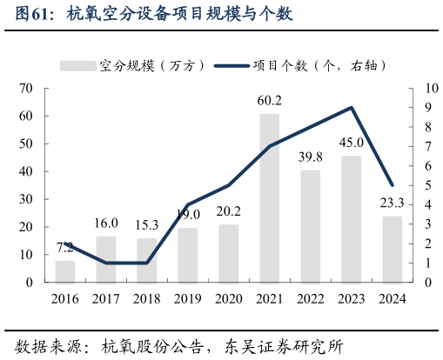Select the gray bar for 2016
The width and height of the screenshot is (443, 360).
[65, 271]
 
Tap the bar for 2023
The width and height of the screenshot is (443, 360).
[351, 219]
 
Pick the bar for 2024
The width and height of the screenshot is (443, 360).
[392, 250]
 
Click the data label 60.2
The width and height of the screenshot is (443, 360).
[269, 101]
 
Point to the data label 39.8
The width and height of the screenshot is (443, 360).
[310, 157]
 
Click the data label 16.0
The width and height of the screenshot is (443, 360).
[106, 223]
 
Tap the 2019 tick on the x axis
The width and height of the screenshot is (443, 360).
[187, 300]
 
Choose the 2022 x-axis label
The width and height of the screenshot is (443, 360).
[310, 300]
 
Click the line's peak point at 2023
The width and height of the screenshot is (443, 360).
[351, 108]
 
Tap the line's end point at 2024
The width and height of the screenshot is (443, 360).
[392, 185]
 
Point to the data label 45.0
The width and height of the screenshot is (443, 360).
[351, 143]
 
